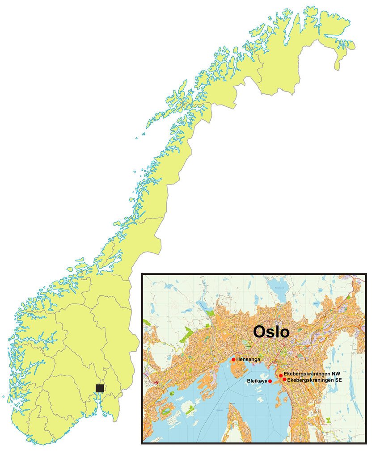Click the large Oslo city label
(271, 332)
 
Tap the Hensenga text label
(248, 359)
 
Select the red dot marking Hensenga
(233, 359)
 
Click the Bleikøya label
(257, 382)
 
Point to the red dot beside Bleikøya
(270, 381)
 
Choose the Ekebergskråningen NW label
(312, 374)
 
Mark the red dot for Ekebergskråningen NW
(281, 375)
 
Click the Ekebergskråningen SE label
(314, 380)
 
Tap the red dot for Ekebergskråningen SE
(284, 379)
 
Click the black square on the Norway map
(100, 388)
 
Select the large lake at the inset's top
(277, 284)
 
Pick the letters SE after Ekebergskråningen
(338, 380)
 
